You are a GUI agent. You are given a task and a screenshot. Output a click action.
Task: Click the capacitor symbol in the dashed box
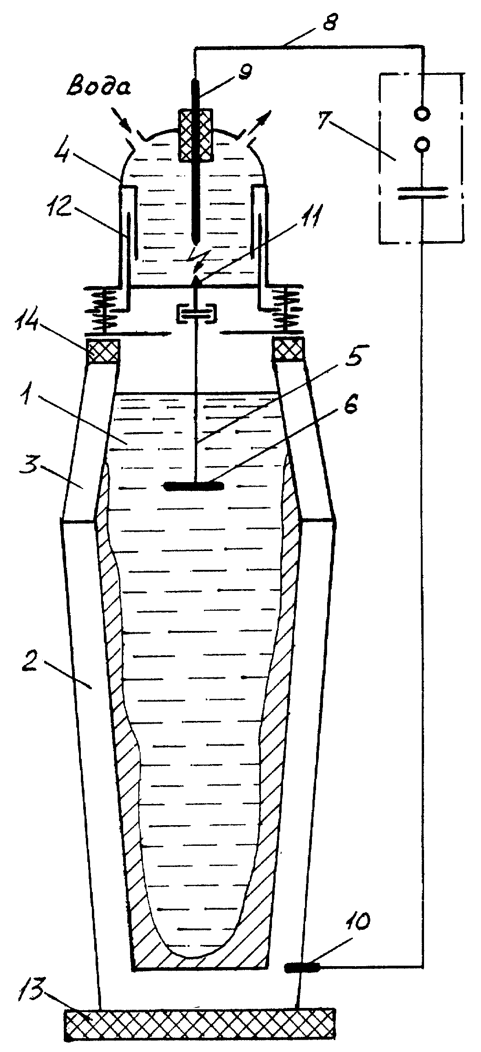(x=422, y=192)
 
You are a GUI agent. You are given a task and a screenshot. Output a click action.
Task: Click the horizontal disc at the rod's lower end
(x=193, y=485)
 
